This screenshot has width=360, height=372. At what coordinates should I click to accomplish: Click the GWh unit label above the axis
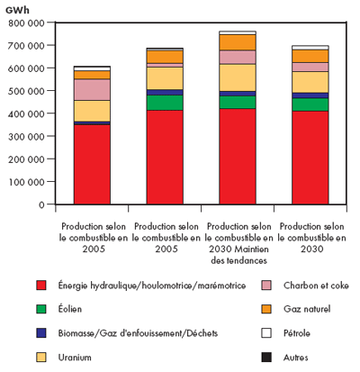[17, 8]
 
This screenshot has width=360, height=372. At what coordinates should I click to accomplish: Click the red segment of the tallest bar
[238, 156]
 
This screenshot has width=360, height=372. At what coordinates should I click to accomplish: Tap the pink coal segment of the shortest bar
[92, 89]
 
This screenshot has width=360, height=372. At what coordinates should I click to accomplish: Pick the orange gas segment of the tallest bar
[238, 41]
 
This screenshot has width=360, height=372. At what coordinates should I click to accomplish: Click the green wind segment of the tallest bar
[238, 102]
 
